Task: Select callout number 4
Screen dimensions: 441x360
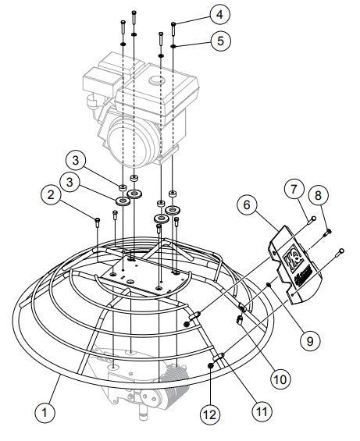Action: [x=219, y=13]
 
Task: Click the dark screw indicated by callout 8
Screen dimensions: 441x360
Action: [x=328, y=232]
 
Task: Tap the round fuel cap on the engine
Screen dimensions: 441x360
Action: [x=157, y=80]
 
